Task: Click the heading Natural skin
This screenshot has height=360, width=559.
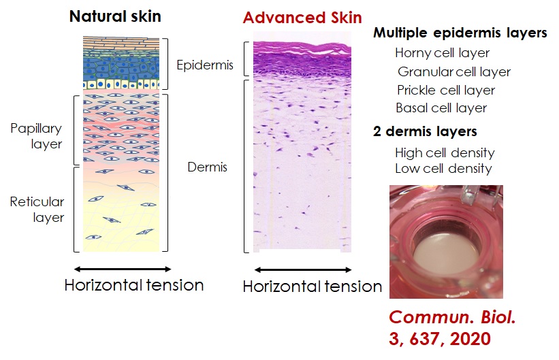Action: pos(115,16)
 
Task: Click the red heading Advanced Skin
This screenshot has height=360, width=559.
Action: pos(302,18)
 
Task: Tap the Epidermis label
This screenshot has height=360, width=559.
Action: pos(205,65)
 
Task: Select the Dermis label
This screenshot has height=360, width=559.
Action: pos(207,167)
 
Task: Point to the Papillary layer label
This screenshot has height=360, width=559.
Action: pos(36,136)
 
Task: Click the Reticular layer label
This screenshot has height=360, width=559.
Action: pos(37,209)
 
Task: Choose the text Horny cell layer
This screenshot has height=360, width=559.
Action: pos(442,53)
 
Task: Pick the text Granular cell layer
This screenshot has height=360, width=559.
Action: pos(454,72)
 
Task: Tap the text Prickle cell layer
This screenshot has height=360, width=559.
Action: pos(446,91)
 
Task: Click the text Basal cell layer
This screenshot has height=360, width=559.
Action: pos(441,108)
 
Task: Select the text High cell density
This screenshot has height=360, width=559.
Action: pos(445,153)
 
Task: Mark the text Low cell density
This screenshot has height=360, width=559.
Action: pos(443,169)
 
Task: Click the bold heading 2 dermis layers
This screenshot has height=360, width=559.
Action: pos(425,131)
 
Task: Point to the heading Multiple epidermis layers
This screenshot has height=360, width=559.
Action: pos(460,33)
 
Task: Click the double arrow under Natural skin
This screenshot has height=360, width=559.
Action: pos(123,269)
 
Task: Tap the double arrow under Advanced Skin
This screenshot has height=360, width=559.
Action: pos(303,269)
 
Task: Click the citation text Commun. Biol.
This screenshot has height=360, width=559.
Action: pos(452,317)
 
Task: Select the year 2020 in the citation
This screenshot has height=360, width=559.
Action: pos(470,339)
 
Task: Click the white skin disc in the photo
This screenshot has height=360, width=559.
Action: pos(446,255)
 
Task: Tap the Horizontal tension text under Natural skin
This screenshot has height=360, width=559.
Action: pos(134,285)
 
